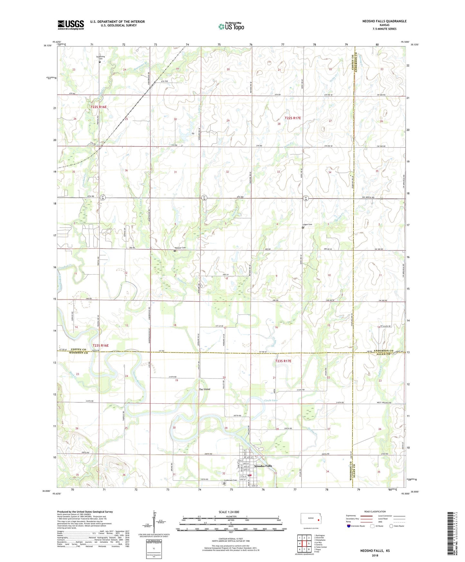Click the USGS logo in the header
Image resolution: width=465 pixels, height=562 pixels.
pyautogui.click(x=70, y=25)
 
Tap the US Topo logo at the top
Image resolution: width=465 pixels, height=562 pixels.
pyautogui.click(x=231, y=26)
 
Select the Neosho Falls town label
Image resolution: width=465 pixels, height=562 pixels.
pyautogui.click(x=263, y=466)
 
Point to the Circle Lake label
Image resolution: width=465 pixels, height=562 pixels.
pyautogui.click(x=271, y=400)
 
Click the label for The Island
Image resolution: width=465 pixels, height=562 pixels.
pyautogui.click(x=204, y=389)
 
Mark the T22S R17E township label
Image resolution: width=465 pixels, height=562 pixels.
pyautogui.click(x=293, y=118)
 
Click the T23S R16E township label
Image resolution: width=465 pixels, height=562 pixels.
pyautogui.click(x=101, y=345)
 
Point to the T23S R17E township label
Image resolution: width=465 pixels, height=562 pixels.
pyautogui.click(x=283, y=361)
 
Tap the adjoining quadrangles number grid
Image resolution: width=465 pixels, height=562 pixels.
pyautogui.click(x=304, y=544)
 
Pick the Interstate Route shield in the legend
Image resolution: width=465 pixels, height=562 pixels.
pyautogui.click(x=349, y=526)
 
